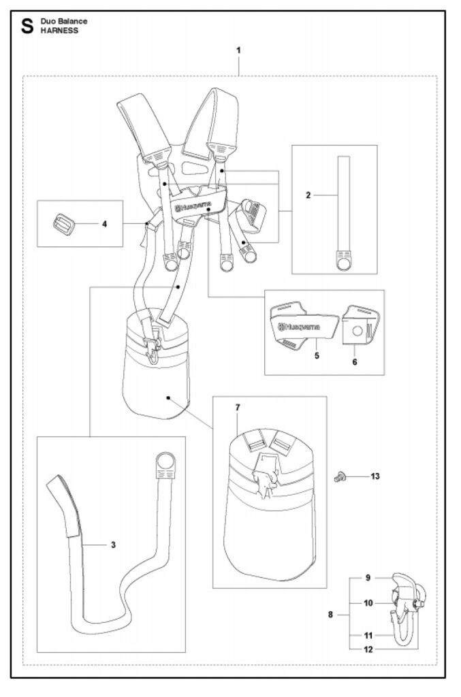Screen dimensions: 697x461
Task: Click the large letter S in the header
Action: coord(28,27)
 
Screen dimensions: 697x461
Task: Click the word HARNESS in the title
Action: coord(59,31)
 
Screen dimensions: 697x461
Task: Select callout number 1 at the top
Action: coord(238,50)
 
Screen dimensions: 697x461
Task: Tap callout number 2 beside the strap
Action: coord(308,195)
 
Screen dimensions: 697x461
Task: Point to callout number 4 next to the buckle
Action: coord(104,223)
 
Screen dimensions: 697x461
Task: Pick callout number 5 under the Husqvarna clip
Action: coord(317,354)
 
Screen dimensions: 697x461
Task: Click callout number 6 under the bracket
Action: coord(355,361)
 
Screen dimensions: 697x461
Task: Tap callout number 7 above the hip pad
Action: coord(238,407)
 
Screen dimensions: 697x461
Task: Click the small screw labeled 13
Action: coord(338,478)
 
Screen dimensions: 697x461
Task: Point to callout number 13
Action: coord(375,476)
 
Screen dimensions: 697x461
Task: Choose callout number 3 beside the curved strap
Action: coord(113,545)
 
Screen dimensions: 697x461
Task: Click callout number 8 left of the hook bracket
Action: coord(330,615)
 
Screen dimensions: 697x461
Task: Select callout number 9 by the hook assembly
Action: coord(367,578)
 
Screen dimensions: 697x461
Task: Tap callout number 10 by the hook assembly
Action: coord(367,602)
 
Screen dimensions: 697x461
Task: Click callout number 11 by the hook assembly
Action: coord(367,635)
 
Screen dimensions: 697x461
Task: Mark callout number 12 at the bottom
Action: coord(367,649)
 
